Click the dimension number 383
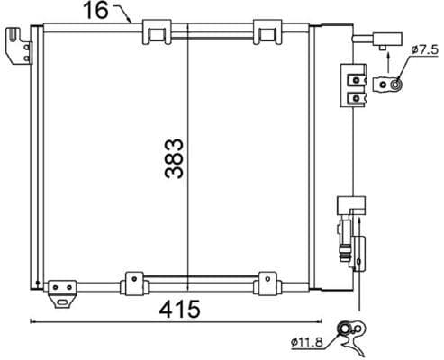click(x=176, y=158)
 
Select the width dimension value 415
click(x=180, y=309)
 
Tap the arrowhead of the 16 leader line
click(x=130, y=20)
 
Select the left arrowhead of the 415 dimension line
click(x=34, y=320)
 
